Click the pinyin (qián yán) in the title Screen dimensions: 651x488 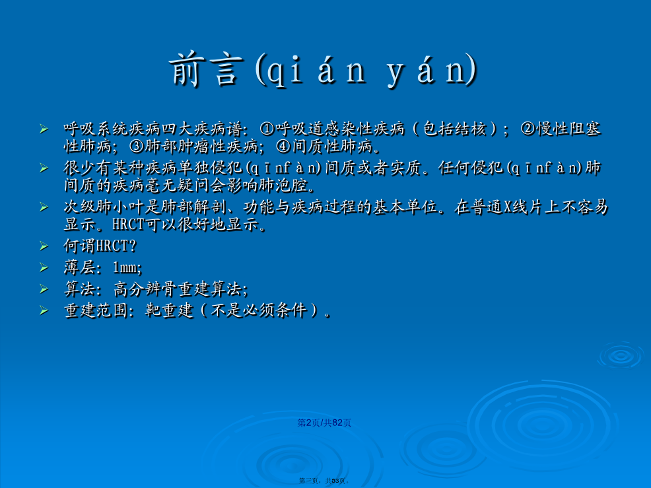[366, 70]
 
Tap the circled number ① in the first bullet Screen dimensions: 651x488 [267, 129]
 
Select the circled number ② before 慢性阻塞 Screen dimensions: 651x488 [528, 129]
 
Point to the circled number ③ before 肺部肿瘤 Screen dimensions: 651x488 [136, 146]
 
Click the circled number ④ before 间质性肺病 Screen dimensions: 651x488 [283, 146]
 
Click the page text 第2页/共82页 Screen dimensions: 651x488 [324, 423]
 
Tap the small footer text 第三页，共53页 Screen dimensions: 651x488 [324, 481]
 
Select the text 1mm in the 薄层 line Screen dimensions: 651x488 [126, 267]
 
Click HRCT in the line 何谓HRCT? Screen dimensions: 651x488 [112, 246]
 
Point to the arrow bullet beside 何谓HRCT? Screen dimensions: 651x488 [44, 246]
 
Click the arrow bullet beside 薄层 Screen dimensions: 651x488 [44, 267]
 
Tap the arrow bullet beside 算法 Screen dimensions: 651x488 [44, 289]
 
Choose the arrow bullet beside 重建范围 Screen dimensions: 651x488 [44, 310]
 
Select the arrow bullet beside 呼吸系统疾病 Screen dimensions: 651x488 [44, 129]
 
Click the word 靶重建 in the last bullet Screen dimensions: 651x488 [170, 310]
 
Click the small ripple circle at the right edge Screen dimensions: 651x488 [621, 355]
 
